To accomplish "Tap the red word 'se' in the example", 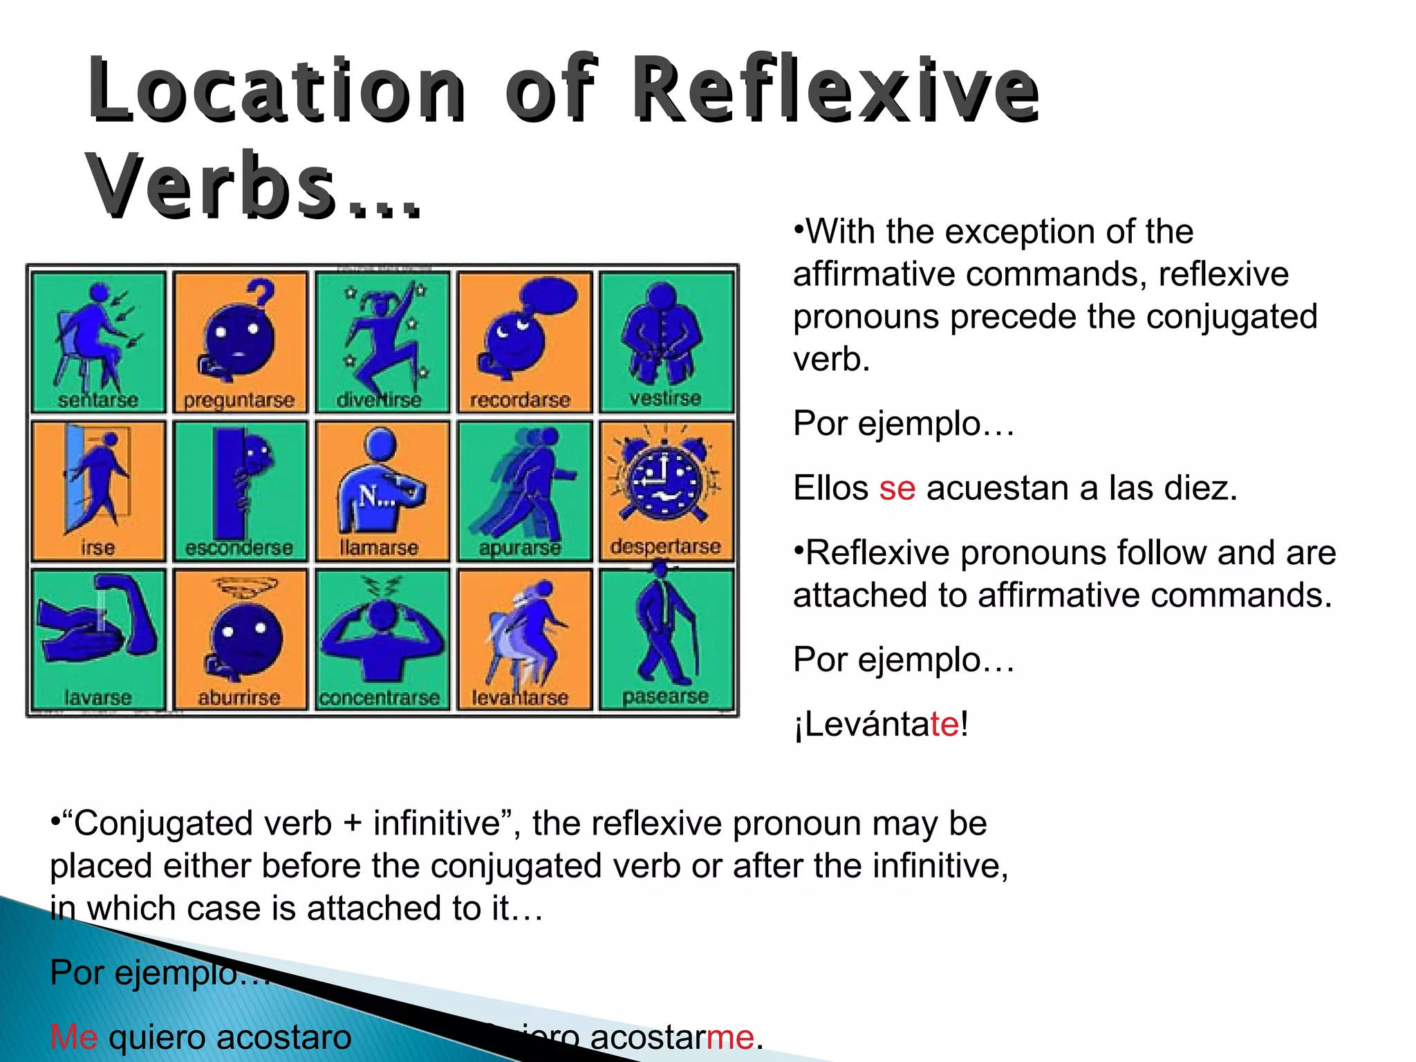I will (x=897, y=488).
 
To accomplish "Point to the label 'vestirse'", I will (x=665, y=398).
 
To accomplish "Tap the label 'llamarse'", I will (x=379, y=548).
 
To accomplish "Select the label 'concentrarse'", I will (x=380, y=698).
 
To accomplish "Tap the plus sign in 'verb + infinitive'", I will (x=352, y=823).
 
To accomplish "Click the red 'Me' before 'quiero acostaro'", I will (x=74, y=1037).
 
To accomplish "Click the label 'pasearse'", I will (x=665, y=696).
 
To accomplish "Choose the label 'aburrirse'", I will (x=239, y=698).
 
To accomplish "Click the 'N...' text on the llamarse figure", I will (x=376, y=496).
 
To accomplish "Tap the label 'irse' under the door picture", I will (x=97, y=548).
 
